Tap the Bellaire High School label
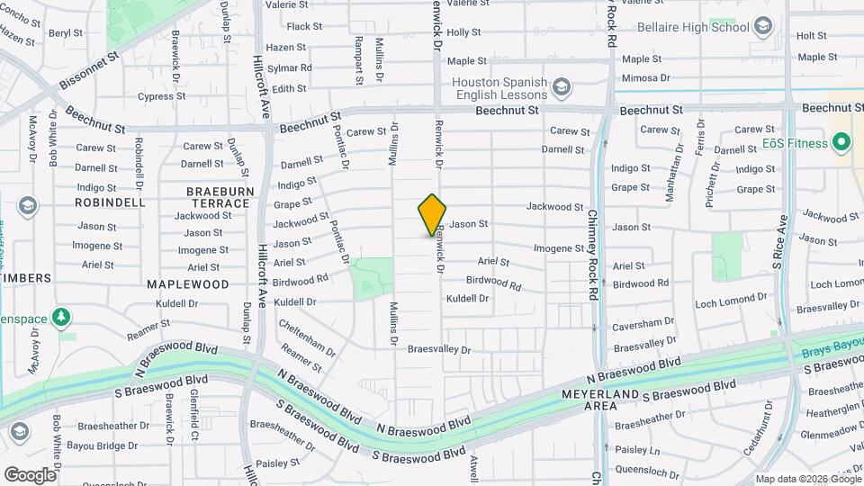coord(693,27)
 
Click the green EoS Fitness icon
coord(841,142)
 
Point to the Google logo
coord(29,474)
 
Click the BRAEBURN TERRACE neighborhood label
coord(218,197)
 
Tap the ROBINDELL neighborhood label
coord(110,202)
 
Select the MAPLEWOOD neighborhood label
coord(188,283)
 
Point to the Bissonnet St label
coord(90,70)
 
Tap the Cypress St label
coord(162,96)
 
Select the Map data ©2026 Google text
coord(807,479)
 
